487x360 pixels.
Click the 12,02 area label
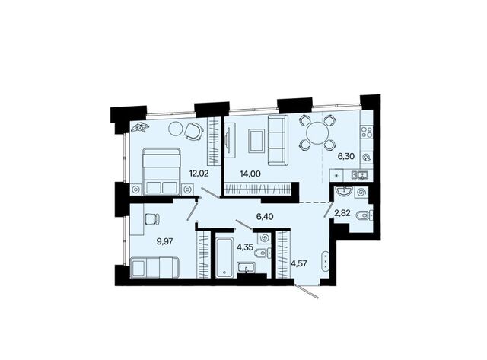pos(199,174)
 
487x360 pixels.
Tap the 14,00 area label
pos(250,174)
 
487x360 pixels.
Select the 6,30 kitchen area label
pos(346,156)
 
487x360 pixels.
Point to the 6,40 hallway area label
pos(265,216)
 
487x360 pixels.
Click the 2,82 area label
pos(342,213)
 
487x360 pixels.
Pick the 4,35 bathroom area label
pos(245,247)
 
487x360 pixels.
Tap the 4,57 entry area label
pos(299,263)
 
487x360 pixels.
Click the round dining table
pos(317,132)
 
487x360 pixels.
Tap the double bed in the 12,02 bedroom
pos(161,171)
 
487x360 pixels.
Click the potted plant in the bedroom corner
pos(140,127)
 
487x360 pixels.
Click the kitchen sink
pos(360,175)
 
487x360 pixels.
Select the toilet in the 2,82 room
pos(365,215)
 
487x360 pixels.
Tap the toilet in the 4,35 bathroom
pos(263,254)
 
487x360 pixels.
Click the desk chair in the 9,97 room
pos(152,218)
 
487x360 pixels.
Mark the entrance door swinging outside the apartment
pos(306,291)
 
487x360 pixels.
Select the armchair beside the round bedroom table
pos(194,131)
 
